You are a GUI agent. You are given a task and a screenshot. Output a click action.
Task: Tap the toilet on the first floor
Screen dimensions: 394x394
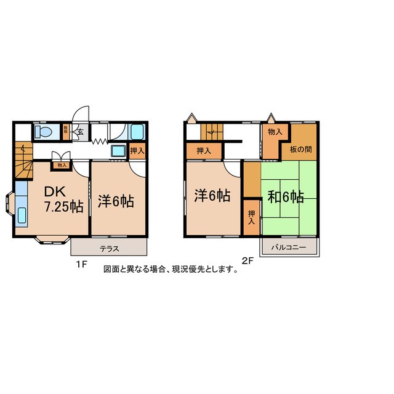point(42,132)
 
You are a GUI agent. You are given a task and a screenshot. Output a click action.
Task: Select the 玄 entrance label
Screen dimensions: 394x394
point(80,131)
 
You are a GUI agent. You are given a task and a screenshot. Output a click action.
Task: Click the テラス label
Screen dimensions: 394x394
point(109,249)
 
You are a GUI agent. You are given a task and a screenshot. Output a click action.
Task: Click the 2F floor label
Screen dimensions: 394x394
point(248,260)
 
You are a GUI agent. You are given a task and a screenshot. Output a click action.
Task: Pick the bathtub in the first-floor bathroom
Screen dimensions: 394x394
point(137,132)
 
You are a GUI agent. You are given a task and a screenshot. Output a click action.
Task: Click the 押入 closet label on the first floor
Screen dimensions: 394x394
point(137,151)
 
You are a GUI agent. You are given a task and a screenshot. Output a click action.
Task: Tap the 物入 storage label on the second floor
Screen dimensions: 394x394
point(275,132)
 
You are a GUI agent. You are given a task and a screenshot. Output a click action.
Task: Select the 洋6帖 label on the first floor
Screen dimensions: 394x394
point(116,201)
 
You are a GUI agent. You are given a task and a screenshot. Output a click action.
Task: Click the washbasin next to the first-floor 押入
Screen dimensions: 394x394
point(117,151)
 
